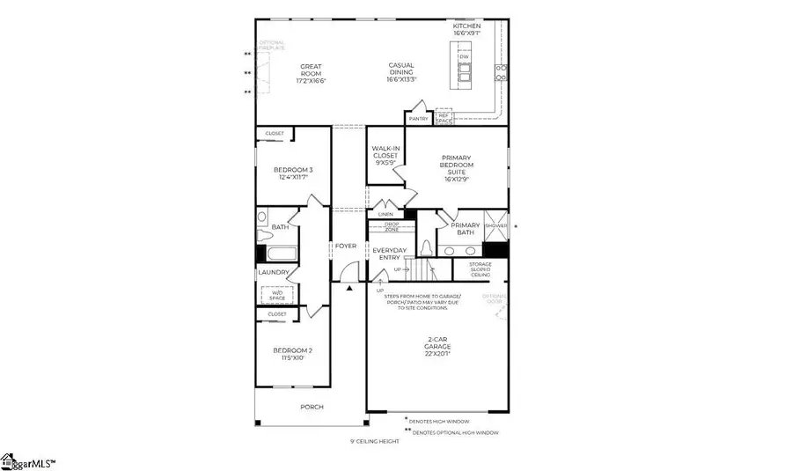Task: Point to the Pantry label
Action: (417, 118)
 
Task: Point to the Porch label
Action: (312, 407)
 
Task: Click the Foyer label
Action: (345, 246)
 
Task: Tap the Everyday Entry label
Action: (389, 254)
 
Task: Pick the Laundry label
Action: (274, 273)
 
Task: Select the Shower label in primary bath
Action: (496, 225)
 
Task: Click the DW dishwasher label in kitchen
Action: (463, 57)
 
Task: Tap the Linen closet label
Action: (385, 215)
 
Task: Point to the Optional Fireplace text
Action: (272, 46)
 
